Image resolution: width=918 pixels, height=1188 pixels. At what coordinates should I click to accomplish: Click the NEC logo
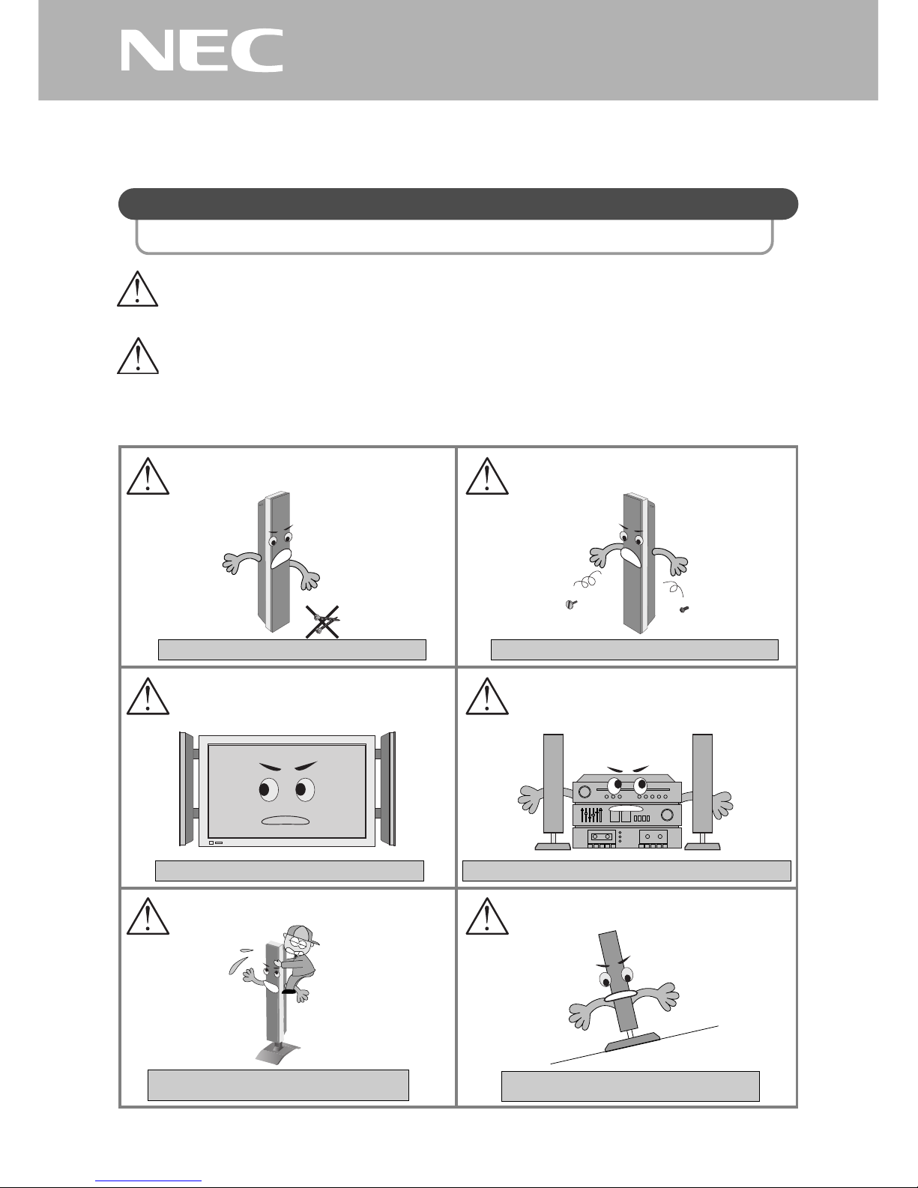pos(202,50)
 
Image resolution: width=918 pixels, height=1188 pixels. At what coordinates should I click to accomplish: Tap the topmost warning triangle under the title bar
pos(137,288)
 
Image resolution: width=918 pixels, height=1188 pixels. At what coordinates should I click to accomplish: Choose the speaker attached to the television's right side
pos(387,789)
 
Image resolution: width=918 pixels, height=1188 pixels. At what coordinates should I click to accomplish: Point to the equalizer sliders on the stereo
pos(591,815)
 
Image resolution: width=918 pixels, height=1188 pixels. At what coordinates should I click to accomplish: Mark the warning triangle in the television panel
pos(147,696)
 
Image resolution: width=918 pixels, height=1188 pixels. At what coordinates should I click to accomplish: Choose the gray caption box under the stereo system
pos(626,870)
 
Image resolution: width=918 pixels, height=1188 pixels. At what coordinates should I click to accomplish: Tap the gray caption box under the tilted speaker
pos(630,1086)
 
